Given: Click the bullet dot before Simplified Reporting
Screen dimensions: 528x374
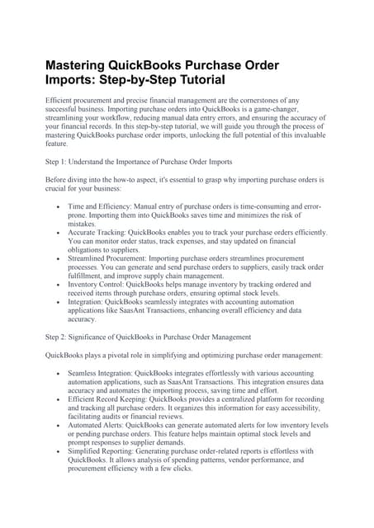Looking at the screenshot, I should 56,451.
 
